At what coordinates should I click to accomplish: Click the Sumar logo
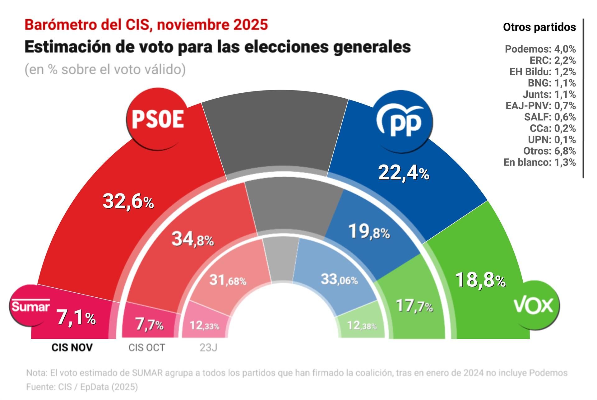point(30,306)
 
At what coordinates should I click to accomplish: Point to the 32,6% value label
point(128,202)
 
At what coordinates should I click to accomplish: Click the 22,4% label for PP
point(404,173)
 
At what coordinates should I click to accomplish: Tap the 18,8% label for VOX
point(480,280)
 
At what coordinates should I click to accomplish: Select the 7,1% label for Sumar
point(76,318)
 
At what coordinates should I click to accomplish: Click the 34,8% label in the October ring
point(192,240)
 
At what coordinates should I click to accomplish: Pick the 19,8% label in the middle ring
point(369,232)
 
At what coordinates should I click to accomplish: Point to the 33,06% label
point(339,280)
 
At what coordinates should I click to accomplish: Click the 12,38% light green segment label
point(362,326)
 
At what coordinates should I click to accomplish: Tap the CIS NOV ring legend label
point(72,347)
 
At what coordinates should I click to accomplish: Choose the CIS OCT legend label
point(147,347)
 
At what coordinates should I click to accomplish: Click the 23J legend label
point(208,347)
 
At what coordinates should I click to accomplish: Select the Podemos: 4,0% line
point(540,49)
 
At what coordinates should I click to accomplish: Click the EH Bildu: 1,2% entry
point(542,72)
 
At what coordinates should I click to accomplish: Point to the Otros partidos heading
point(539,27)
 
